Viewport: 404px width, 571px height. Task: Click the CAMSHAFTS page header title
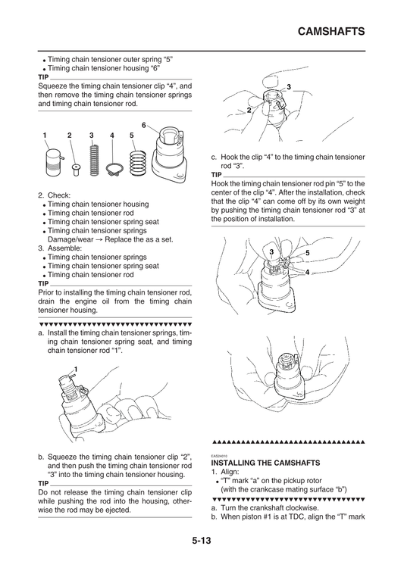pyautogui.click(x=331, y=33)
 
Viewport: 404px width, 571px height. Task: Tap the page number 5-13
pyautogui.click(x=202, y=540)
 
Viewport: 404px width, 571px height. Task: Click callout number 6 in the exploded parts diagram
pyautogui.click(x=144, y=124)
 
